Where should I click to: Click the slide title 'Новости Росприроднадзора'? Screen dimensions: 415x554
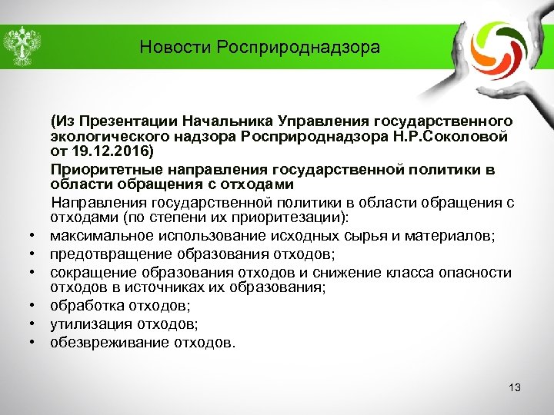(x=260, y=48)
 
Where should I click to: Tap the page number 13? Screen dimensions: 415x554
(x=515, y=388)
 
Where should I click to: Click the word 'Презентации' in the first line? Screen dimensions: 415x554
(x=128, y=121)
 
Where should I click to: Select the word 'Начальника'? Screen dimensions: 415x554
(x=219, y=121)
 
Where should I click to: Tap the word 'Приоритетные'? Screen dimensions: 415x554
(x=97, y=169)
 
